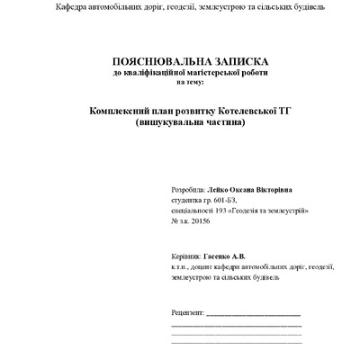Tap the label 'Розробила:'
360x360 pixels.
click(186, 190)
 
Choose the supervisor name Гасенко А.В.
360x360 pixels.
click(224, 256)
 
